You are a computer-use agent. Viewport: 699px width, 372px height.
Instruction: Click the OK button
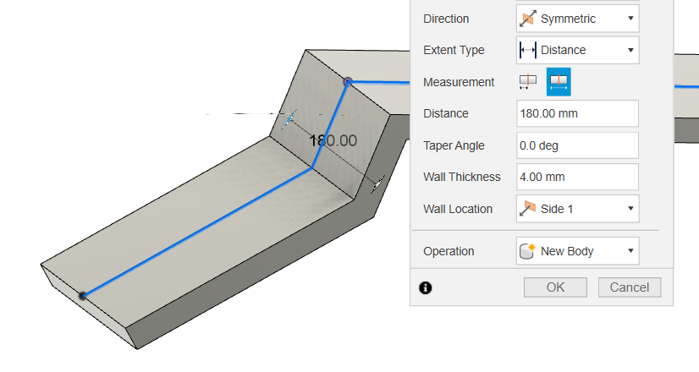[555, 287]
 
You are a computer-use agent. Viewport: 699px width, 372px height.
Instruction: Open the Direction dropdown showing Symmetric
[577, 19]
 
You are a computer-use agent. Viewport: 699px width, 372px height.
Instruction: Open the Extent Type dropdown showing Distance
[577, 50]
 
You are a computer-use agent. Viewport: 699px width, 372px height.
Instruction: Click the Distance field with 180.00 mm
[577, 113]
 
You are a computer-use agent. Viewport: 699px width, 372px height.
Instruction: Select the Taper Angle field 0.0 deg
[577, 145]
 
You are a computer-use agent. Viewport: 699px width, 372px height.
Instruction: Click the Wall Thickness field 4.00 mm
[577, 177]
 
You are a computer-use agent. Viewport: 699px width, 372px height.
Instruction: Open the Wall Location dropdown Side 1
[577, 209]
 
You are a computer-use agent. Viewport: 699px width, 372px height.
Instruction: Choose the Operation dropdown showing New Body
[577, 251]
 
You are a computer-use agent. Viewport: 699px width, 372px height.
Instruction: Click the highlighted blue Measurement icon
[559, 81]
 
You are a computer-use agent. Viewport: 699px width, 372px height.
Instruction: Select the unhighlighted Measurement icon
[528, 81]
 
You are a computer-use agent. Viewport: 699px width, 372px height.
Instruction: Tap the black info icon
[426, 287]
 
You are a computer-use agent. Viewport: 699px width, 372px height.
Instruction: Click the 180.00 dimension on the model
[333, 141]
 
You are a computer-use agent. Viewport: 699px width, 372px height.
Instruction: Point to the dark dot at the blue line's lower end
[83, 295]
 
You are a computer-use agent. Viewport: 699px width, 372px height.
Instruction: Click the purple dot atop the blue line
[347, 81]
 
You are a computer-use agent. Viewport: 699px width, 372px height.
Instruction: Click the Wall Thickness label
[462, 177]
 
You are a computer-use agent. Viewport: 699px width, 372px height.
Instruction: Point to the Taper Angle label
[454, 145]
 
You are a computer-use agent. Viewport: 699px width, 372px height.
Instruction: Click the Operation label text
[449, 251]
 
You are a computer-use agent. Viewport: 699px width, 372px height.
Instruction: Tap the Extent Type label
[454, 50]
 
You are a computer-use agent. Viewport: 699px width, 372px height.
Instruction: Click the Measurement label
[459, 82]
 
